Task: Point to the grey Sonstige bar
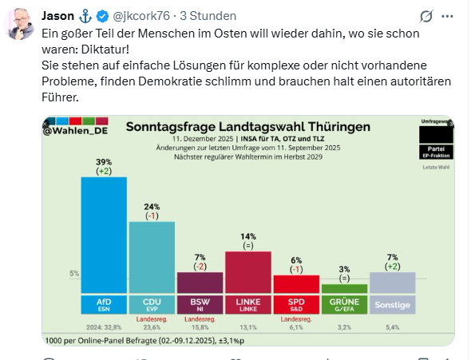(392, 283)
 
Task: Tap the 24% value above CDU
(152, 205)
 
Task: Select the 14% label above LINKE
(247, 236)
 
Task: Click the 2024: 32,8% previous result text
(104, 327)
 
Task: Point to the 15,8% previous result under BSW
(200, 327)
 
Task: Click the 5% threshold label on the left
(73, 274)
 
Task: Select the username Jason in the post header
(58, 16)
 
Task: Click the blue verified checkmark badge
(103, 17)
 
